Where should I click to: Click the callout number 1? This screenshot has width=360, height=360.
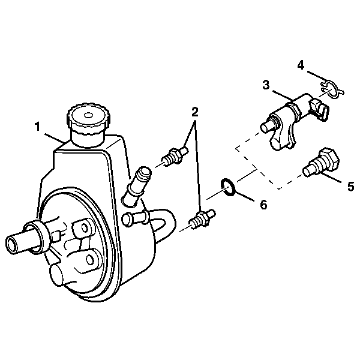click(x=37, y=127)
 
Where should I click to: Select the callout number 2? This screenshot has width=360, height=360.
click(x=194, y=112)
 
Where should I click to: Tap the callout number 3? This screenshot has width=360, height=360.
click(x=266, y=85)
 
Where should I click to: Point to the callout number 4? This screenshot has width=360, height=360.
click(x=301, y=65)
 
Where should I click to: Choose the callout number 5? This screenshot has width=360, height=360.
click(x=350, y=186)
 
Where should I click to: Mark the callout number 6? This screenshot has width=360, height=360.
click(x=264, y=205)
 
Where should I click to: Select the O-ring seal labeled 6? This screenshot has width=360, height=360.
click(x=228, y=187)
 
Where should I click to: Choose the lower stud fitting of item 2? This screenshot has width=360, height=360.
click(x=202, y=219)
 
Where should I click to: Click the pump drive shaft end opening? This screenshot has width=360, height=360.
click(x=11, y=245)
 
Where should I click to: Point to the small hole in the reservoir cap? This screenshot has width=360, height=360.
click(x=88, y=115)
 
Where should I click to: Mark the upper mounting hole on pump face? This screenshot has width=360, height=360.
click(x=85, y=228)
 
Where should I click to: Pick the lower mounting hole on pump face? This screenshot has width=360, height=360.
click(x=90, y=259)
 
